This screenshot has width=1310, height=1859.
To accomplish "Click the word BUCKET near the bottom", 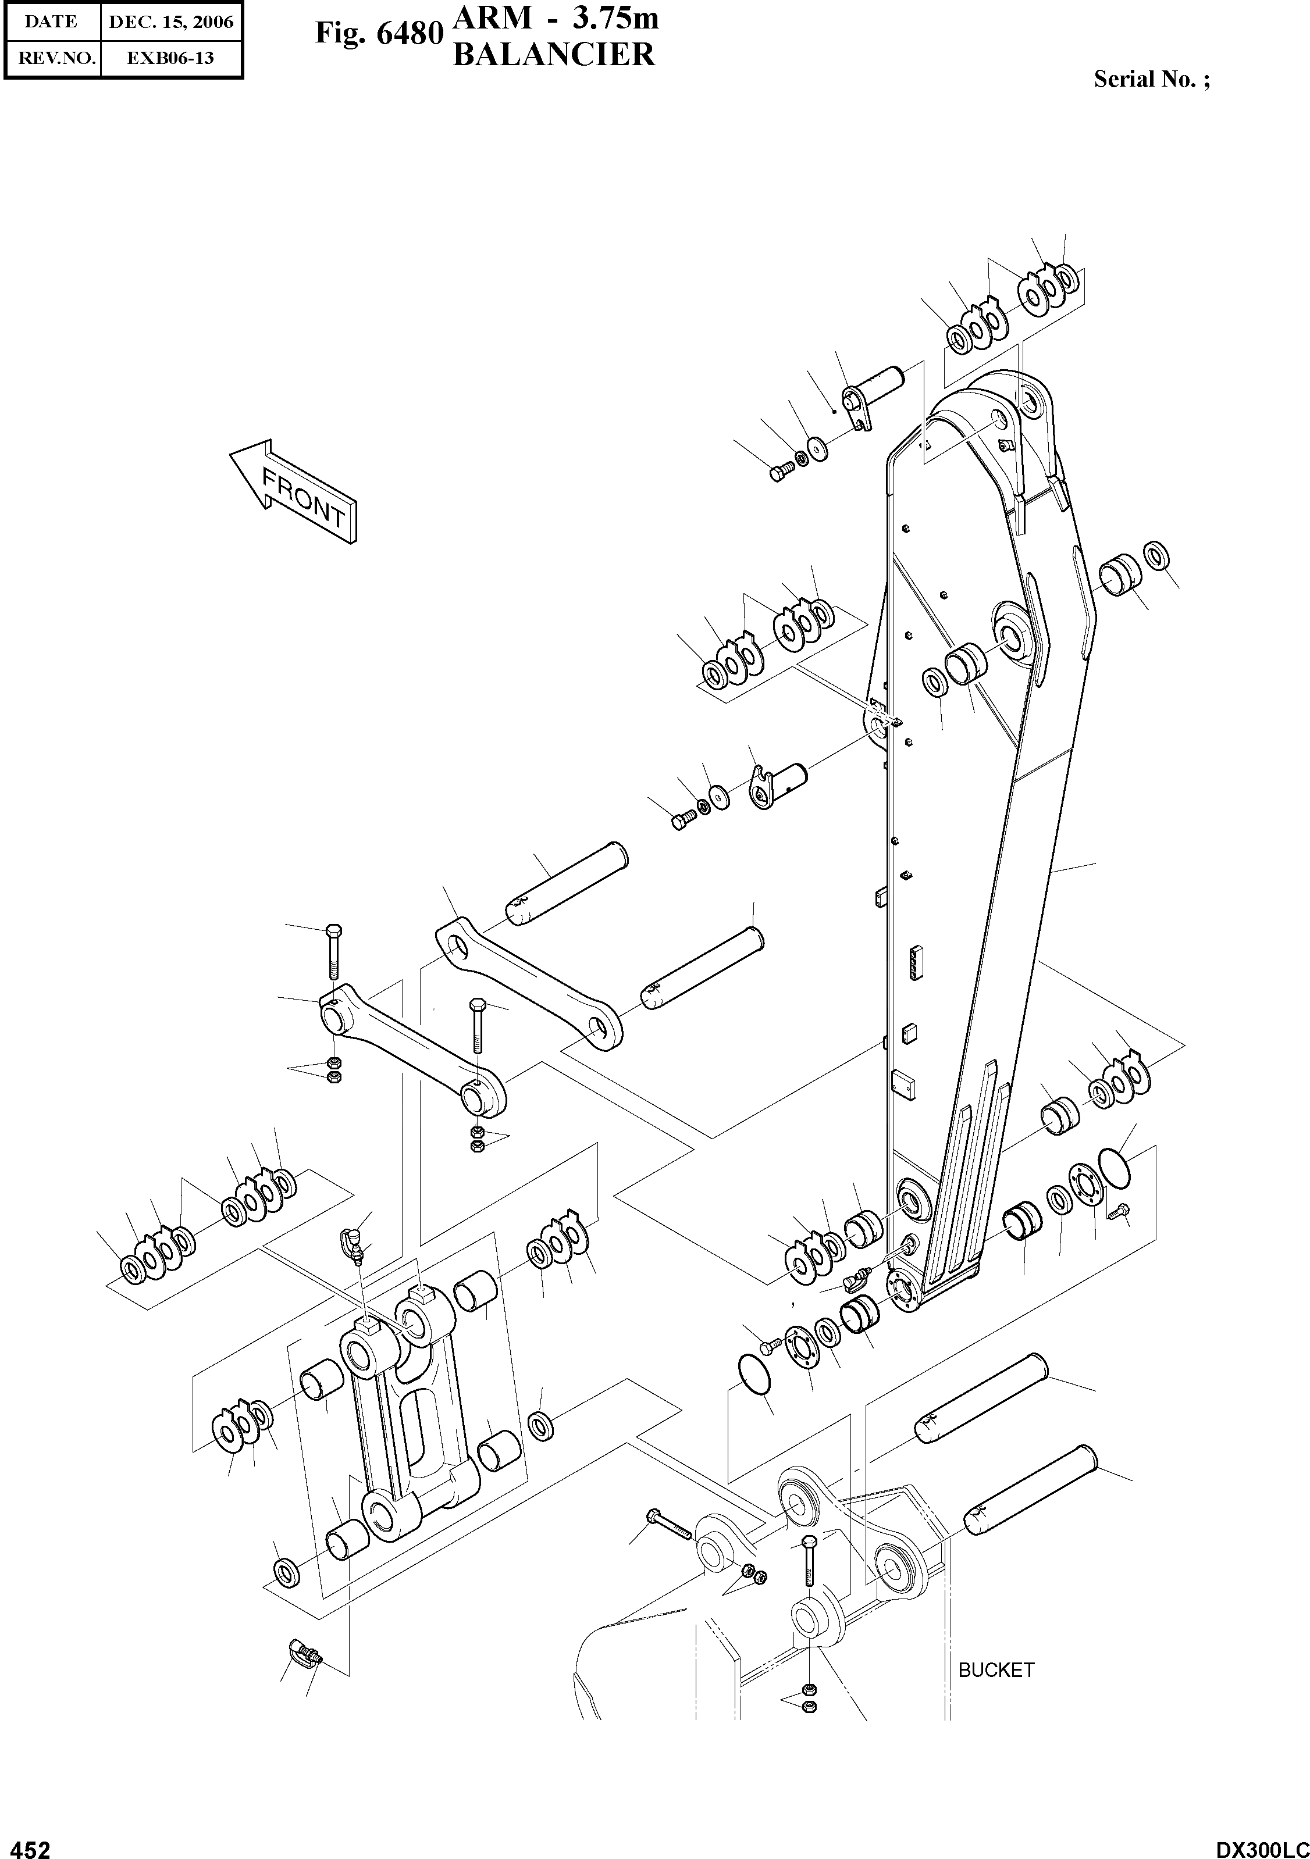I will (996, 1669).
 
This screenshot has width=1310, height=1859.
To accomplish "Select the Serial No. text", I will (1151, 79).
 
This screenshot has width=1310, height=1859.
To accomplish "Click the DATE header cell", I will (51, 22).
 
